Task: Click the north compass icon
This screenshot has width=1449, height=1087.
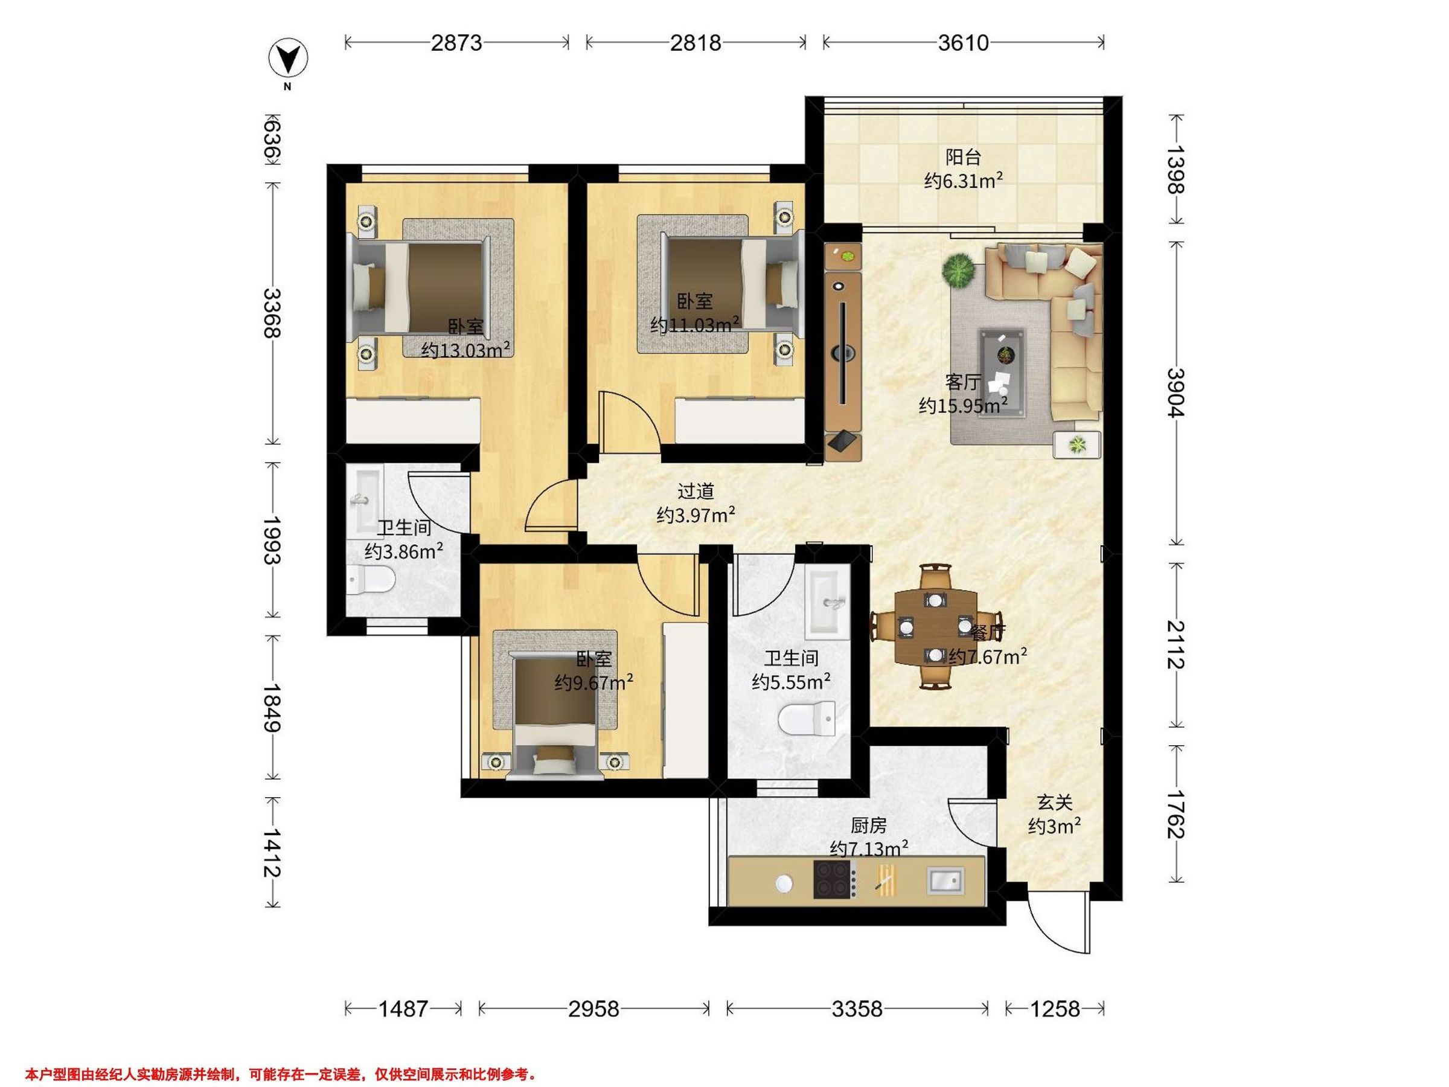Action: (x=288, y=59)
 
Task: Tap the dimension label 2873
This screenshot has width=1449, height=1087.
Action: (x=456, y=43)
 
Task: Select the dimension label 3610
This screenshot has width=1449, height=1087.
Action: (x=963, y=43)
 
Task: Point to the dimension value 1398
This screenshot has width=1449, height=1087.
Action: (x=1177, y=170)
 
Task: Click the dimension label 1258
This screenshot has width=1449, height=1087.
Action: (x=1055, y=1009)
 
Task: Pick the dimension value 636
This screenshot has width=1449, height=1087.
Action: (x=272, y=140)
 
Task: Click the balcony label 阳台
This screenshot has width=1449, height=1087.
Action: (x=963, y=157)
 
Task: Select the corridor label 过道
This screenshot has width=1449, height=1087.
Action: (x=695, y=491)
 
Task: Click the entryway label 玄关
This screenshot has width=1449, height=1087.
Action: (x=1054, y=802)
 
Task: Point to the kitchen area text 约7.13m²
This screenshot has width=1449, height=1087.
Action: (x=869, y=848)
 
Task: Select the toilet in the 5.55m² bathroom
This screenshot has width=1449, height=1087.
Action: (x=807, y=719)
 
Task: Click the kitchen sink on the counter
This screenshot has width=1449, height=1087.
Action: (x=946, y=880)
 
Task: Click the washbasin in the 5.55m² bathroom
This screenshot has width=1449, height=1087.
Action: (x=827, y=601)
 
